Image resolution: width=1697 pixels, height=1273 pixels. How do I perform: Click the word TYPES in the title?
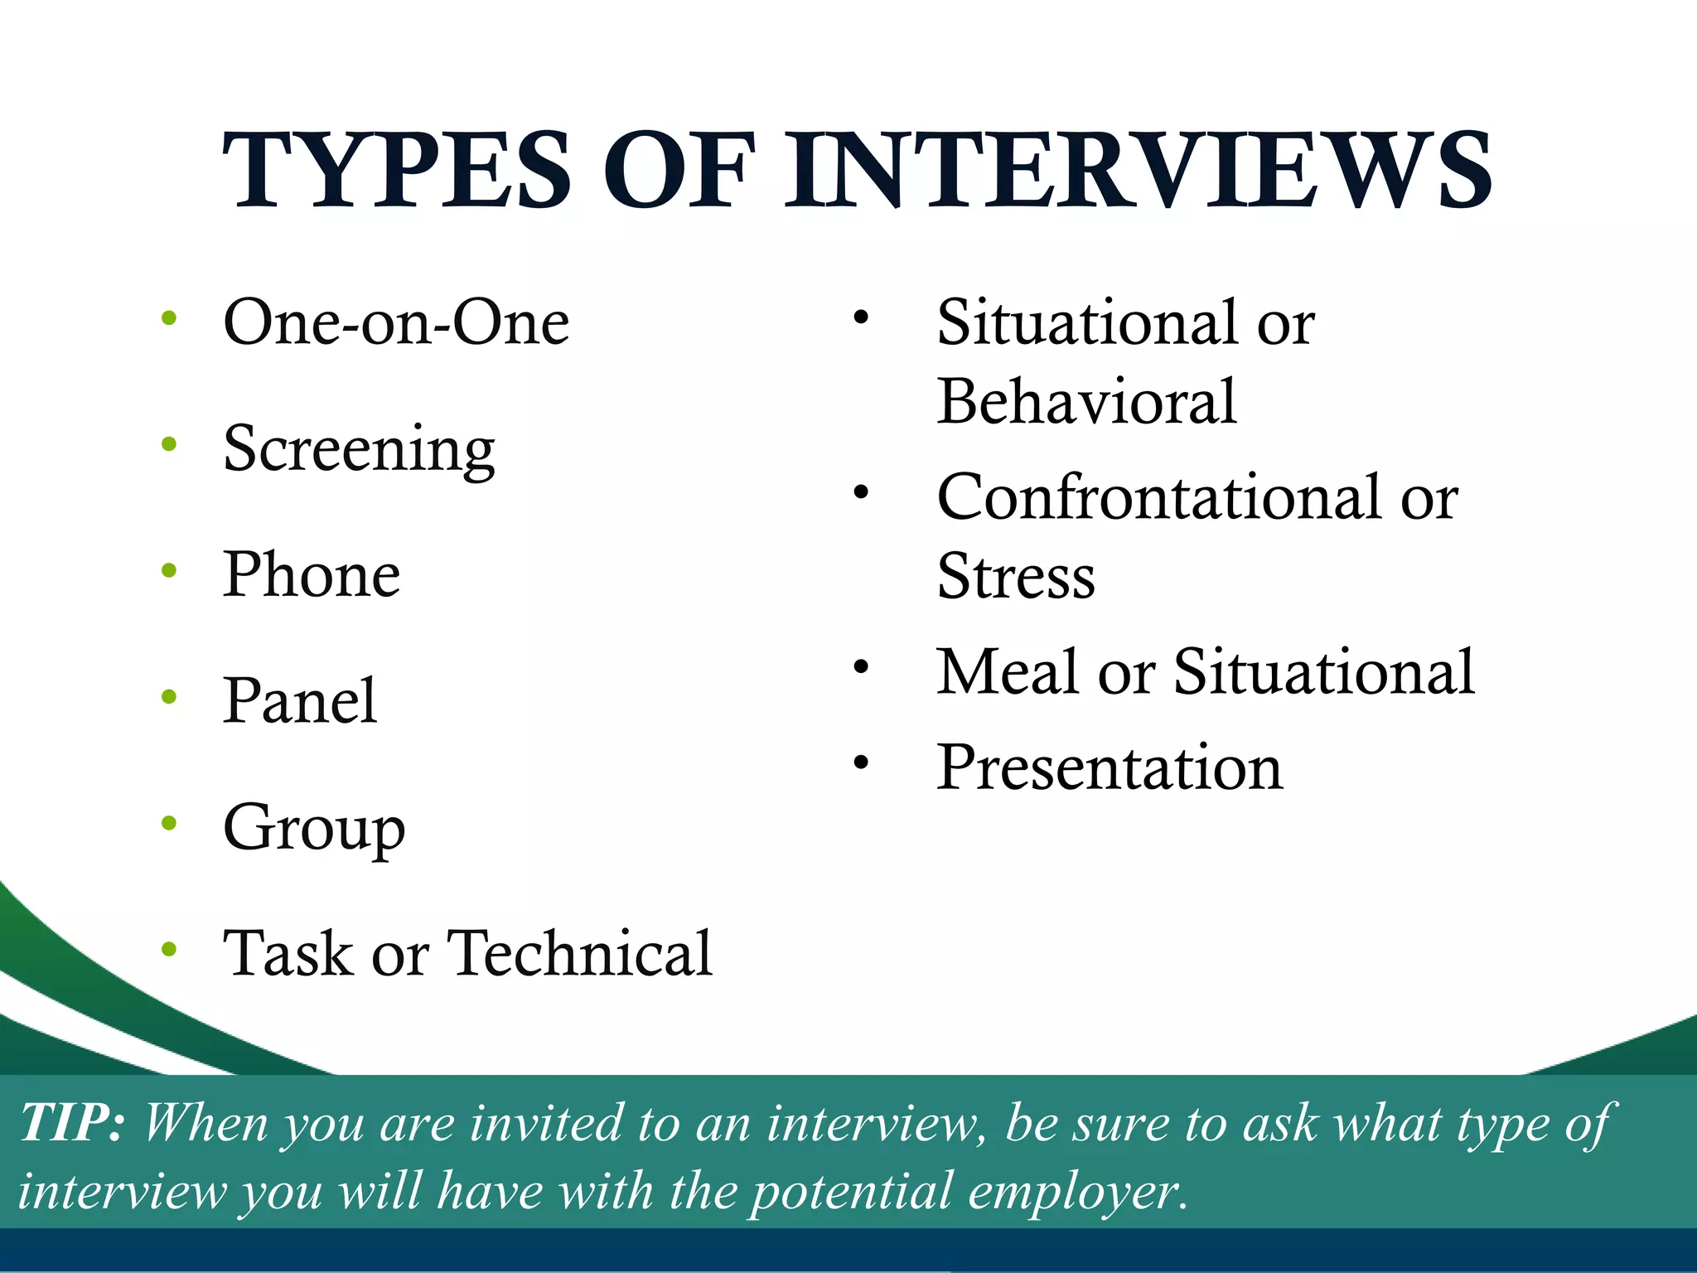(x=397, y=171)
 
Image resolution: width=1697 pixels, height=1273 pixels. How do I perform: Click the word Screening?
(x=359, y=448)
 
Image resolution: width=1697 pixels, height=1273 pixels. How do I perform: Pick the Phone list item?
(x=312, y=574)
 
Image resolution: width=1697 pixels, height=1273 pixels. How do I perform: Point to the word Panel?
(x=300, y=701)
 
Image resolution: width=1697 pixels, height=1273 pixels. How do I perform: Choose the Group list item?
(x=314, y=827)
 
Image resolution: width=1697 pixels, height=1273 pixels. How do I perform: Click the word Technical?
(x=579, y=953)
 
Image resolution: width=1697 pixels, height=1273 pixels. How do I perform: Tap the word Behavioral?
(x=1086, y=402)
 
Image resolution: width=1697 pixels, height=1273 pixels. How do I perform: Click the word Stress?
(x=1016, y=576)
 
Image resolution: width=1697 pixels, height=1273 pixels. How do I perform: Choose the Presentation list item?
(x=1110, y=767)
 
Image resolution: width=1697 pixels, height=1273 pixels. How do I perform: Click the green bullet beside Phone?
(x=170, y=570)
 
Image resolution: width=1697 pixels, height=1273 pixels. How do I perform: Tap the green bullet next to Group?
(x=170, y=823)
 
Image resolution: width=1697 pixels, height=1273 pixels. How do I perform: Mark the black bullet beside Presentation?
(x=862, y=762)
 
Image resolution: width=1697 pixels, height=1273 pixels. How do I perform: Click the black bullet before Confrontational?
(x=862, y=493)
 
